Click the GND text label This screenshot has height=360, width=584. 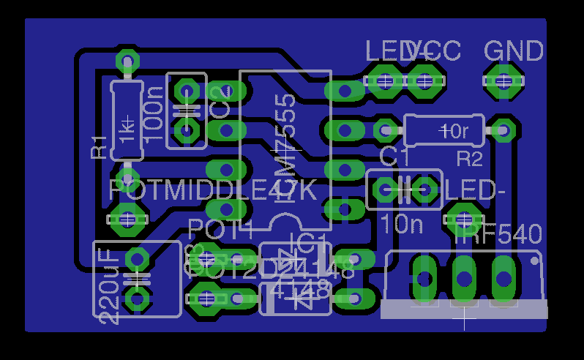[x=514, y=52]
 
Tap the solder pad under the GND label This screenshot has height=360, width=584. [x=503, y=80]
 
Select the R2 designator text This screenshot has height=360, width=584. [x=470, y=158]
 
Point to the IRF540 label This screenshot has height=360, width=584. [x=498, y=235]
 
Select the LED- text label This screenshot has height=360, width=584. [x=476, y=190]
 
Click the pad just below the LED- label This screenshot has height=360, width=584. [x=463, y=217]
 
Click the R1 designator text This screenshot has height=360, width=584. [x=98, y=148]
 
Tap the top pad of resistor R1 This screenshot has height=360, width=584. [x=127, y=60]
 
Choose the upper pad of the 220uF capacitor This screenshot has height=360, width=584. [x=137, y=259]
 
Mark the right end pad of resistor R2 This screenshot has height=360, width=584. [x=502, y=130]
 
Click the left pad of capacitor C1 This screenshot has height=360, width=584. [x=385, y=190]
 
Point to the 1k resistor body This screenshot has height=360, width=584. [x=127, y=121]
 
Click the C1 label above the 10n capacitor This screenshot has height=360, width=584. [x=395, y=157]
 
